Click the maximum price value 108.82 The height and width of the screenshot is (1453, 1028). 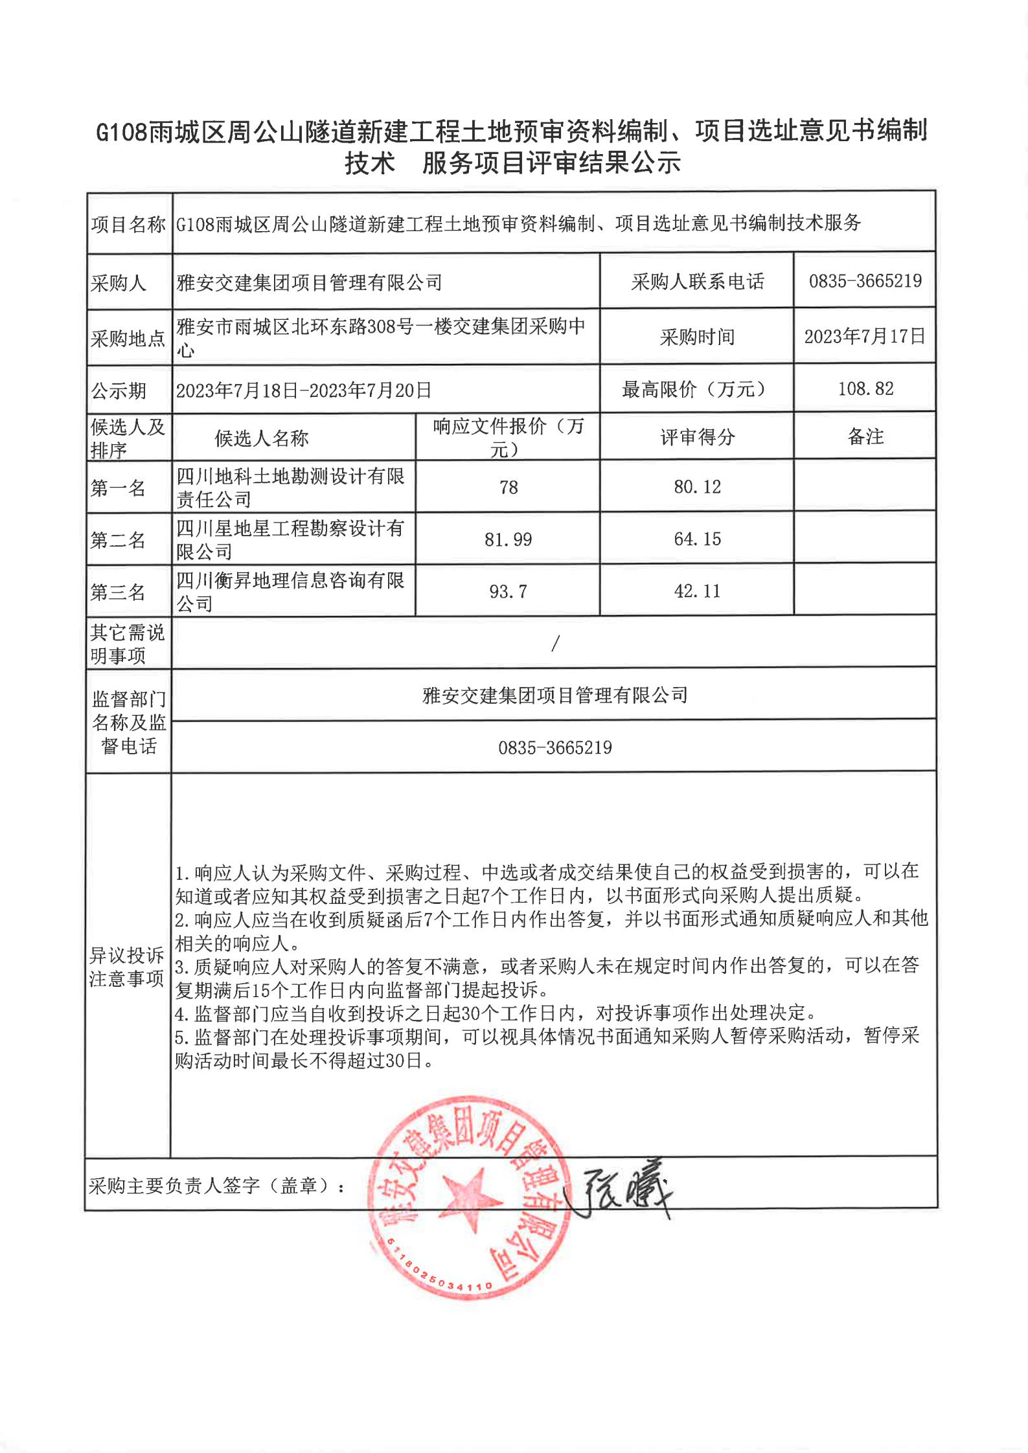tap(865, 389)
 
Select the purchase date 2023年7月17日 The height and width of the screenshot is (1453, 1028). tap(865, 337)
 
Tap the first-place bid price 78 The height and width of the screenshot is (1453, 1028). tap(508, 488)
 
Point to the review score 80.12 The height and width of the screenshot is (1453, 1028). tap(697, 487)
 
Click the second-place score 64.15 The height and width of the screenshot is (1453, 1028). tap(697, 539)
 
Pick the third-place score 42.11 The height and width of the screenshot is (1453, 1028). tap(697, 591)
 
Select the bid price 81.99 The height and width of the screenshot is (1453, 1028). tap(508, 539)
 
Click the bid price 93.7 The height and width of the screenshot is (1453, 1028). tap(508, 592)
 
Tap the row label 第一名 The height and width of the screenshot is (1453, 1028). tap(118, 488)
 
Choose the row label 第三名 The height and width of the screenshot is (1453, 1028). tap(118, 592)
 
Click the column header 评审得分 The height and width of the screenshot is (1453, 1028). tap(698, 438)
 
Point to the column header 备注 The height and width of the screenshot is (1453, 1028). tap(865, 437)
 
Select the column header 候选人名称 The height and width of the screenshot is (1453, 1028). tap(262, 439)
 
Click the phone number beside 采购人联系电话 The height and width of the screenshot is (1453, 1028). tap(865, 281)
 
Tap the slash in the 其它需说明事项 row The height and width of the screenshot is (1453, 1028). tap(555, 643)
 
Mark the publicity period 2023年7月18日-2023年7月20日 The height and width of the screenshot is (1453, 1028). tap(304, 390)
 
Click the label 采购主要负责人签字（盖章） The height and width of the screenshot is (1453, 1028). tap(217, 1186)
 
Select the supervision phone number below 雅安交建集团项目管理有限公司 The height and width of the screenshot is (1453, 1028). tap(555, 748)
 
